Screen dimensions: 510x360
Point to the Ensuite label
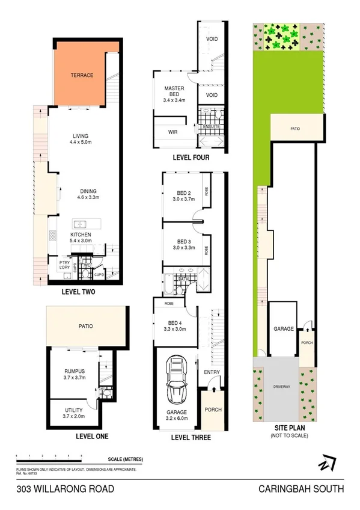click(x=210, y=127)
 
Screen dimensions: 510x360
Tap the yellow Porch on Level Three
click(x=213, y=410)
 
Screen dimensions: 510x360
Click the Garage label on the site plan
click(x=284, y=329)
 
